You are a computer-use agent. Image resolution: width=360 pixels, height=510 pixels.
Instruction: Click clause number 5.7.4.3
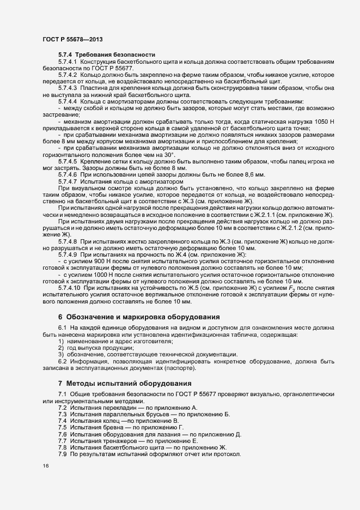pyautogui.click(x=68, y=87)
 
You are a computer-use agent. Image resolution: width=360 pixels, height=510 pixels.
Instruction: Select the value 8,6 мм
pyautogui.click(x=252, y=190)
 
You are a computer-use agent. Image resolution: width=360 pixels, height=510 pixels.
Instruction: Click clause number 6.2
pyautogui.click(x=62, y=361)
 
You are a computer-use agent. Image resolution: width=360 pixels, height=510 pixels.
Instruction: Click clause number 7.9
pyautogui.click(x=62, y=454)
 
